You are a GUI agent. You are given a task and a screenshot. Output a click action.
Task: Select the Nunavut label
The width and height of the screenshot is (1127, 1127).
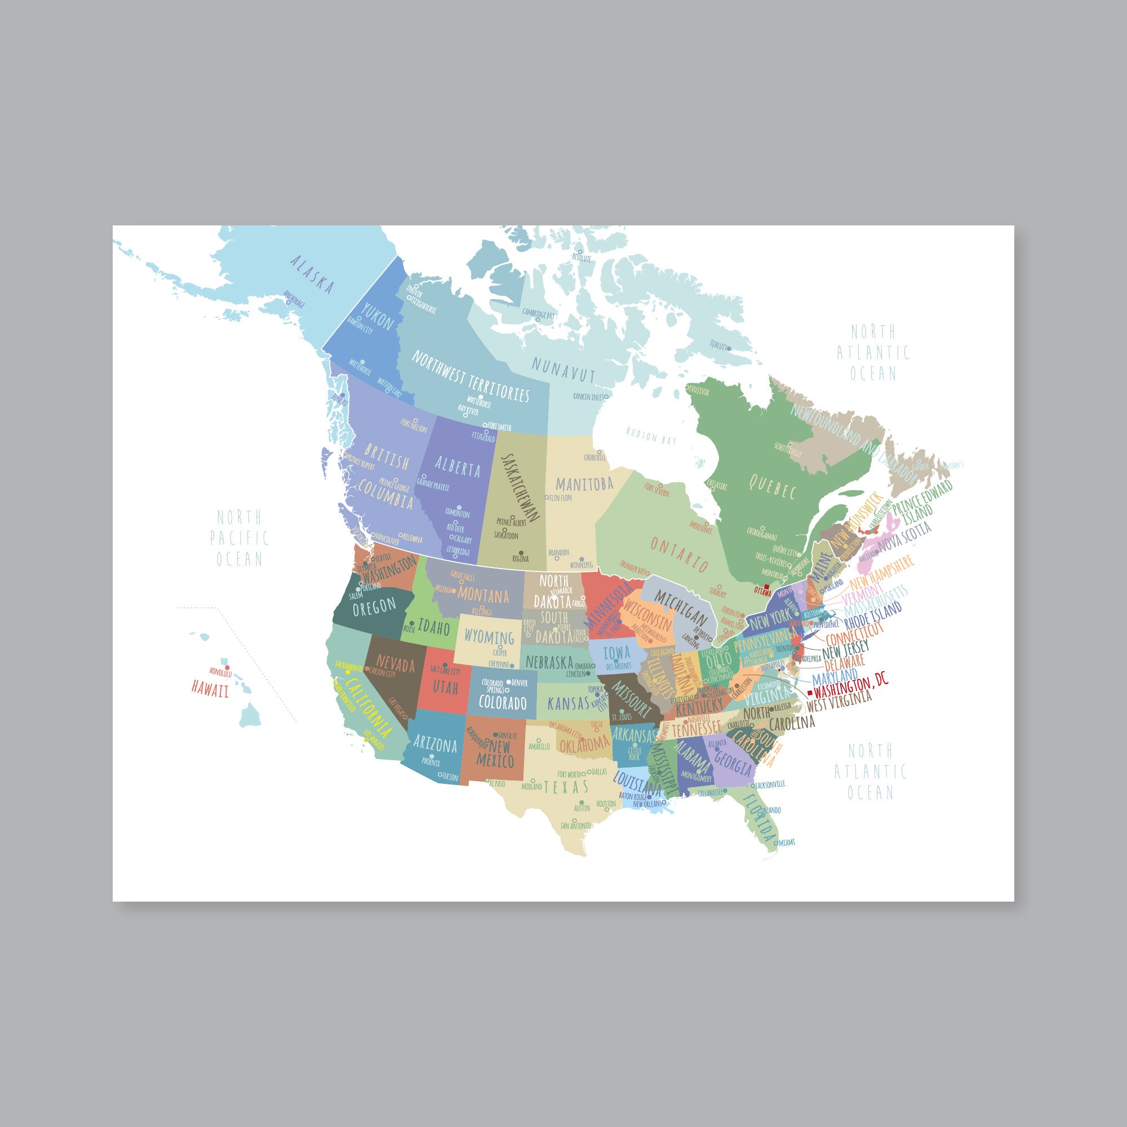tap(563, 370)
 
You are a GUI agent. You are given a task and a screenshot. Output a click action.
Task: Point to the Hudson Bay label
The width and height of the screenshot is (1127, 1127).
tap(651, 436)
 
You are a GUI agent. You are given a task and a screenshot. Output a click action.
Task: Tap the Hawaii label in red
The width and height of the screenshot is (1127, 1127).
tap(210, 690)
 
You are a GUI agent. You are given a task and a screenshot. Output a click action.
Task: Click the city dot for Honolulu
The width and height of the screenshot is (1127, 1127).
tap(228, 668)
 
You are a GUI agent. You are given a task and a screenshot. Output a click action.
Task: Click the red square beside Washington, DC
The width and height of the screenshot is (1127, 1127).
tap(809, 693)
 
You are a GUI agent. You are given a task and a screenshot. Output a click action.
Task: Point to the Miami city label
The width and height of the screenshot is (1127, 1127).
tap(787, 842)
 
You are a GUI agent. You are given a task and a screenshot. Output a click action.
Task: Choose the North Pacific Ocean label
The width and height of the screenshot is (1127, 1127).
tap(239, 538)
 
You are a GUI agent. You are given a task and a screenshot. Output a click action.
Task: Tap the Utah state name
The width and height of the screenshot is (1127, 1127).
tap(445, 687)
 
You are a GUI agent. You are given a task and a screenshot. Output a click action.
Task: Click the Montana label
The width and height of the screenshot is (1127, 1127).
tap(483, 596)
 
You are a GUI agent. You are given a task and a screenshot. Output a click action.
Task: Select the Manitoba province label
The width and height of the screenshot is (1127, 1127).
tap(584, 483)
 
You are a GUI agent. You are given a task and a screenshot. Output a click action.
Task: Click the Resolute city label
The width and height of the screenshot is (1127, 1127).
tap(582, 258)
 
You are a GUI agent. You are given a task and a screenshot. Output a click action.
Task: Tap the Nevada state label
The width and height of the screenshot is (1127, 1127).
tap(395, 664)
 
